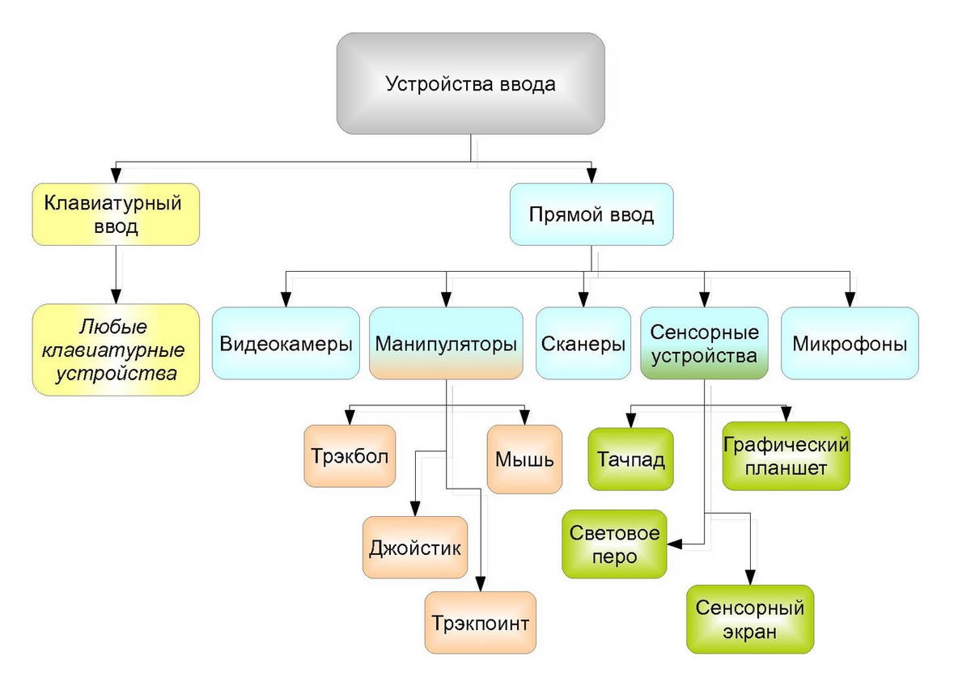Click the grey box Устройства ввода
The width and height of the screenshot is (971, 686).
(x=470, y=83)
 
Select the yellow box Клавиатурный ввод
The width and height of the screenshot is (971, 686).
(x=116, y=214)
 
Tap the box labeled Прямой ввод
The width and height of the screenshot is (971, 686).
(x=591, y=214)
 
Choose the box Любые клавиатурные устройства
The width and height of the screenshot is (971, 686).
(x=116, y=349)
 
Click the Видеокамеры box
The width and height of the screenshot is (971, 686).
(x=286, y=343)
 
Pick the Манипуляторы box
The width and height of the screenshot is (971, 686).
(x=446, y=343)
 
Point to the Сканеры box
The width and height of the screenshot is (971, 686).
(x=583, y=343)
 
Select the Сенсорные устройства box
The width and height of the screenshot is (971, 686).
(x=704, y=343)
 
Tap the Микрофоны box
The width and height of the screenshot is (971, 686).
(x=850, y=343)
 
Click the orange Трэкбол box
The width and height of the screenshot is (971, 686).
(x=350, y=455)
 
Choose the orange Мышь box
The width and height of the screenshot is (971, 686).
(x=524, y=459)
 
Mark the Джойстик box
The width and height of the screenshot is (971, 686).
(x=415, y=547)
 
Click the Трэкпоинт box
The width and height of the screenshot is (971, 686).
(x=481, y=622)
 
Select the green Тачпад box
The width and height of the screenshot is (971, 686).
(x=631, y=459)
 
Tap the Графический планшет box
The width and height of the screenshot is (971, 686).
(x=786, y=455)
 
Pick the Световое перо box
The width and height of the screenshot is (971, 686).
(x=615, y=544)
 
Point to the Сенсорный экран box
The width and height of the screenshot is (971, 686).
(x=750, y=619)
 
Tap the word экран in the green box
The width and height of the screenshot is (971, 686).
(x=750, y=632)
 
